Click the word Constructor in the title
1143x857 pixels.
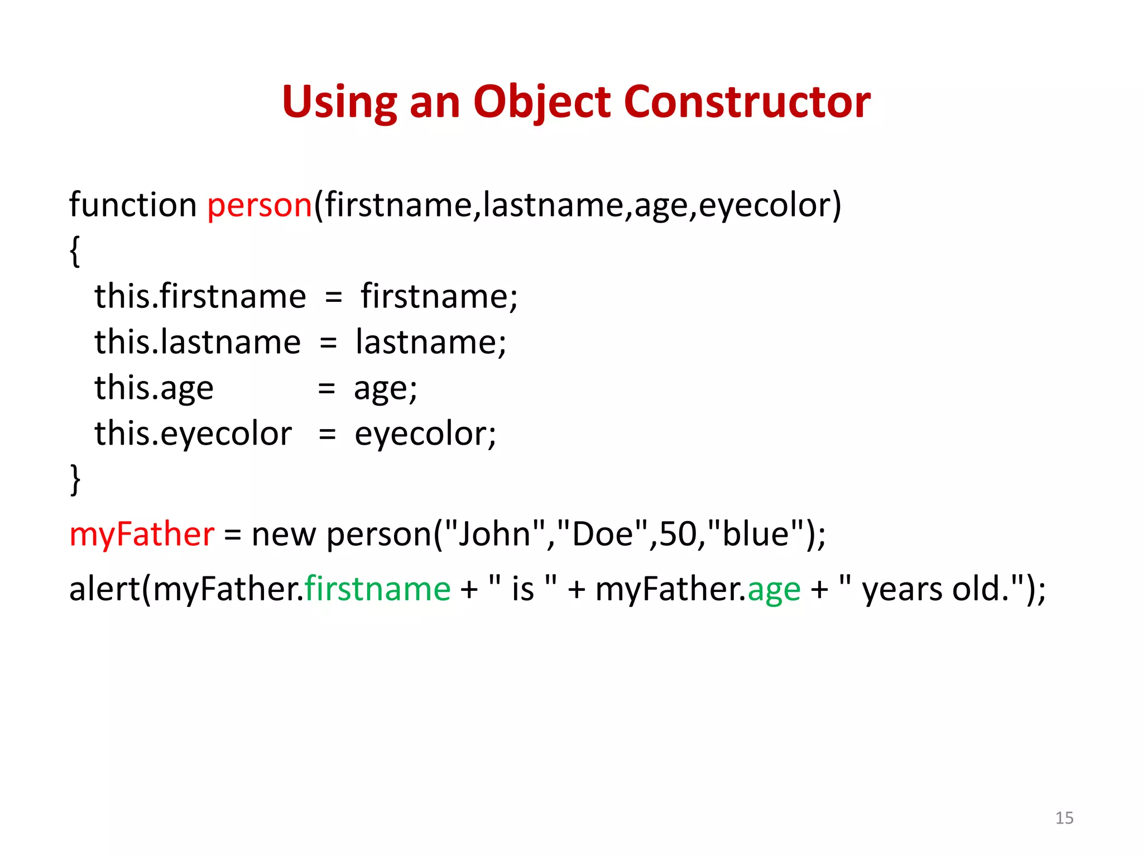747,102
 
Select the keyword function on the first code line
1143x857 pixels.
132,205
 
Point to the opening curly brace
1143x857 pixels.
75,251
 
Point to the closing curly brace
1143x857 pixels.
75,479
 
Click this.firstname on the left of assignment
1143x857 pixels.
200,296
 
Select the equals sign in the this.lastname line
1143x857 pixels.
328,343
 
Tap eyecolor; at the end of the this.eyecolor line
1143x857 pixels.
425,435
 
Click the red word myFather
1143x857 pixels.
141,535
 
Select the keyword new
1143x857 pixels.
284,535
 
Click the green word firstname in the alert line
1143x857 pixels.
377,589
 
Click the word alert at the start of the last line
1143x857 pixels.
104,589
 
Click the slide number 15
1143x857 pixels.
1064,818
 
